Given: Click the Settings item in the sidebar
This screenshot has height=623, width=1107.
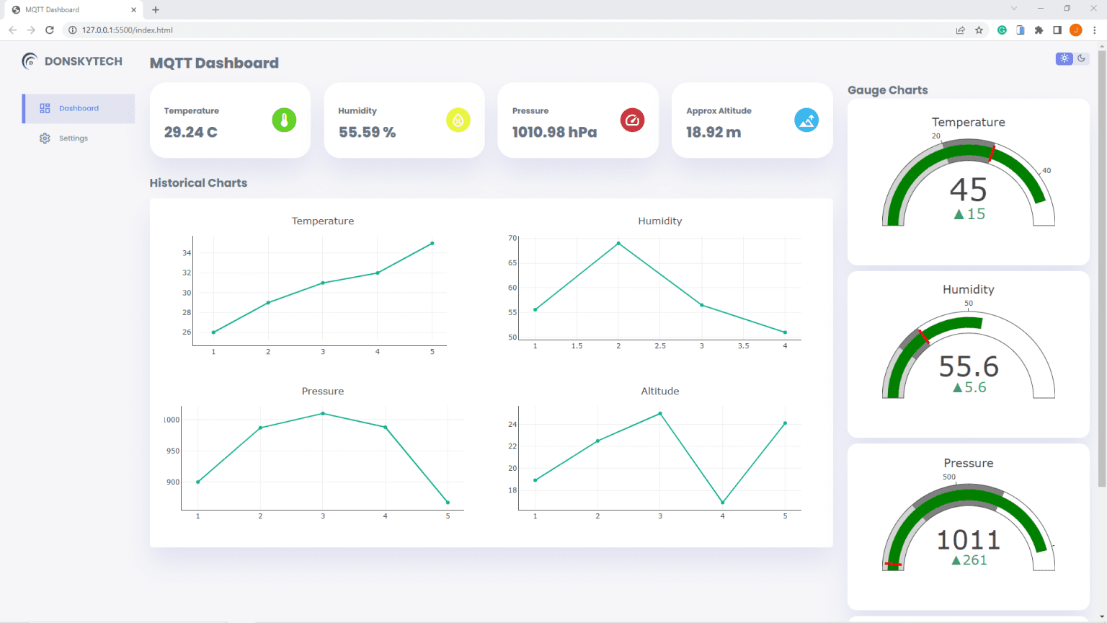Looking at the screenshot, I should coord(73,138).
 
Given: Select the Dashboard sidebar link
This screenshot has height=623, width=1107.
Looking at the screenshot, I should coord(79,108).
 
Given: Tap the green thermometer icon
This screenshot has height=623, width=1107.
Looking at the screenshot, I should coord(284,120).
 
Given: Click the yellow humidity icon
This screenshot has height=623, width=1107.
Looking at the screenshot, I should coord(458,120).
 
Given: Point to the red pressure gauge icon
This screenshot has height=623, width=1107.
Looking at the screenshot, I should coord(632,120).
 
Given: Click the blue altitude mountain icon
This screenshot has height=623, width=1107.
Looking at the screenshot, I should coord(806,120).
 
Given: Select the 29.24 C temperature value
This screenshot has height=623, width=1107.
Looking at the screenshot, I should coord(190,132).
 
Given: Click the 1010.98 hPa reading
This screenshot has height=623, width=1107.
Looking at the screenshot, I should coord(554,132).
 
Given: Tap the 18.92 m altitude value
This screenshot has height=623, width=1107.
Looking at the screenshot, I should coord(713,132).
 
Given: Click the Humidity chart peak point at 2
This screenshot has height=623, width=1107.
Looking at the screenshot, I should coord(618,244).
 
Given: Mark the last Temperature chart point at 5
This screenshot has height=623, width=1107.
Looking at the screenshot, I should coord(432,244).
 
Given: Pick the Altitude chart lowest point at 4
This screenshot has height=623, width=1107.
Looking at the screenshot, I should coord(722,503).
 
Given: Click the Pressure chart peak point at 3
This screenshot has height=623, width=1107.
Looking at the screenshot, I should coord(323,414).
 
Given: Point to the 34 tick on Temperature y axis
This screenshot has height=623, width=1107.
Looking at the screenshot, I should coord(187,253).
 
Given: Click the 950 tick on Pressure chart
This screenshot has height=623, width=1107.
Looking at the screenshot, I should coord(173,451).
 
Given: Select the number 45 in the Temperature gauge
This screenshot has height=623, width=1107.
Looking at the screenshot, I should coord(968,190).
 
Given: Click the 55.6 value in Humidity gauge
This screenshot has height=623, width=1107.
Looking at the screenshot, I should coord(968,367).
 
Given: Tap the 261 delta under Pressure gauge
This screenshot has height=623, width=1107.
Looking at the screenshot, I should coord(974,560).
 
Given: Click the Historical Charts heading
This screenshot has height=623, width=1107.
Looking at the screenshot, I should coord(198,183).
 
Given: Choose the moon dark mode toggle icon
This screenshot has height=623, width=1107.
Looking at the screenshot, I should coord(1081,58).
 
